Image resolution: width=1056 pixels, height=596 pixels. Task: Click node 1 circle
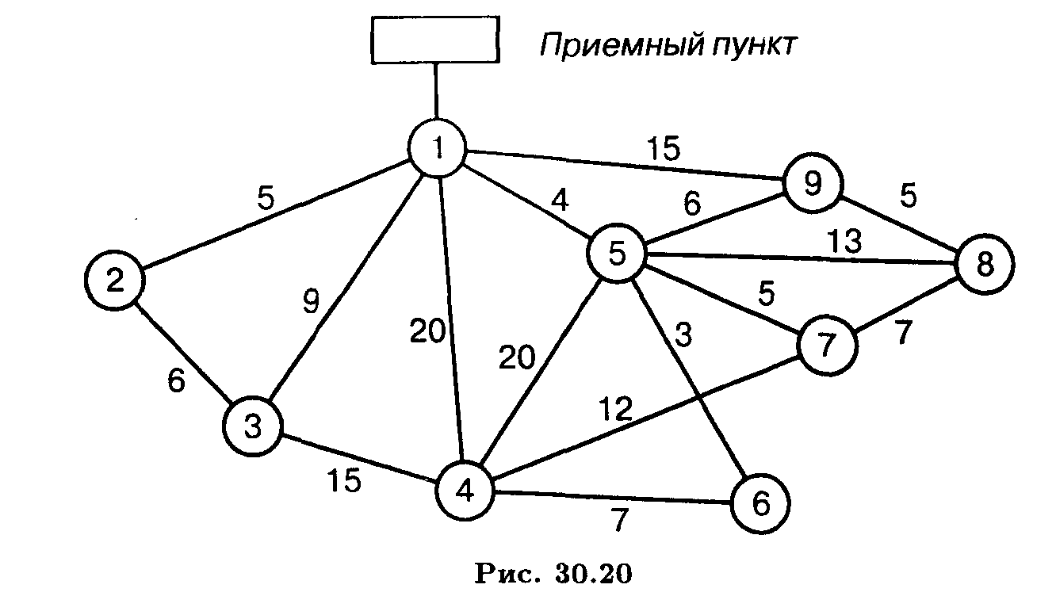(x=437, y=148)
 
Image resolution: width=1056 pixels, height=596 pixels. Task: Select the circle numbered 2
(x=114, y=280)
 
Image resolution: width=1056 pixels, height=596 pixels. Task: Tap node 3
(x=253, y=426)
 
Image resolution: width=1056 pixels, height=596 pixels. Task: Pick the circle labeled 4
(x=465, y=491)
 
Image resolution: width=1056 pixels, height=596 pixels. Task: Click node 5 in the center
(x=617, y=253)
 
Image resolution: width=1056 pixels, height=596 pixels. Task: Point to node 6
(x=760, y=503)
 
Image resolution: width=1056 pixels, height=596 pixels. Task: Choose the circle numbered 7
(x=827, y=346)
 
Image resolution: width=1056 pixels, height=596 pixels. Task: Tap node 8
(x=985, y=264)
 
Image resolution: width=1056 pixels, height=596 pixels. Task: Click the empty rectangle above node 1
(x=435, y=40)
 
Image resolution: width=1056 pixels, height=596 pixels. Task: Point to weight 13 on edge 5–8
(x=845, y=241)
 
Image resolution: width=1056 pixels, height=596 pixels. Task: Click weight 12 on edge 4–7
(x=616, y=408)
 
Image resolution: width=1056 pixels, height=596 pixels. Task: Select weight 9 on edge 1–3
(x=311, y=301)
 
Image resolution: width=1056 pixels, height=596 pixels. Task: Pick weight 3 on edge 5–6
(x=683, y=335)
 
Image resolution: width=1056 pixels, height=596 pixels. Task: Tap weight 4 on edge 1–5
(x=560, y=200)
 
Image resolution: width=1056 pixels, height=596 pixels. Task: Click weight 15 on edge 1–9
(x=664, y=148)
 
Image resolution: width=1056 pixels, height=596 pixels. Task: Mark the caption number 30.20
(x=593, y=573)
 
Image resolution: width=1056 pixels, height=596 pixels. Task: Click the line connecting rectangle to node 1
(x=435, y=91)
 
